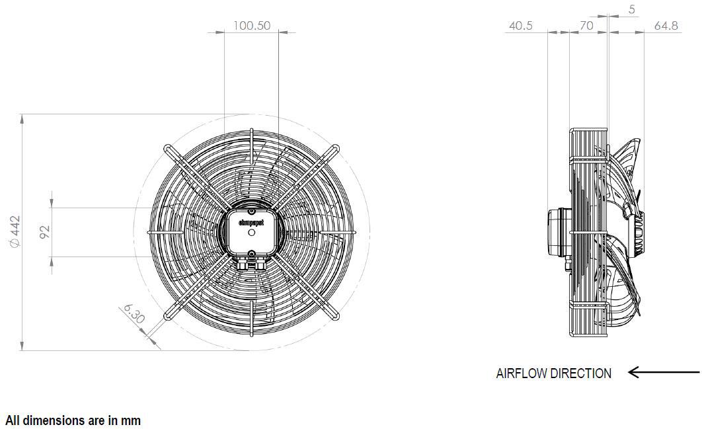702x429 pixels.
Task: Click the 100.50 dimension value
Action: (x=252, y=26)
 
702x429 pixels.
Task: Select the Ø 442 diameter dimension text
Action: (x=15, y=232)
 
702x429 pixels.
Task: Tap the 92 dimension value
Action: (x=44, y=232)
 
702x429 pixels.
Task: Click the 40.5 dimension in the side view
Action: (x=521, y=26)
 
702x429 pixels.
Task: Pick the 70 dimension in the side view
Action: (x=586, y=26)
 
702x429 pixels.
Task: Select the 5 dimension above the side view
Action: (x=632, y=9)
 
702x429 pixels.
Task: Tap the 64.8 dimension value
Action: (x=666, y=26)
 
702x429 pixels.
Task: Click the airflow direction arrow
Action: (x=662, y=373)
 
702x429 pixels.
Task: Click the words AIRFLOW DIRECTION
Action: (x=553, y=373)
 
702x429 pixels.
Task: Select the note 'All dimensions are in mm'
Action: (x=73, y=420)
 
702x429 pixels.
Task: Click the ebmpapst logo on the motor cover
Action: (x=251, y=223)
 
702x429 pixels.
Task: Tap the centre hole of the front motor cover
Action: (x=251, y=232)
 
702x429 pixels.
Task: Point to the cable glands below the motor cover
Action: (x=252, y=263)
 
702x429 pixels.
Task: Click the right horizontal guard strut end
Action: (x=358, y=232)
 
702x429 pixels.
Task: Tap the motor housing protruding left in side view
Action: (x=557, y=232)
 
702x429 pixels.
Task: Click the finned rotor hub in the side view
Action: (x=638, y=233)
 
